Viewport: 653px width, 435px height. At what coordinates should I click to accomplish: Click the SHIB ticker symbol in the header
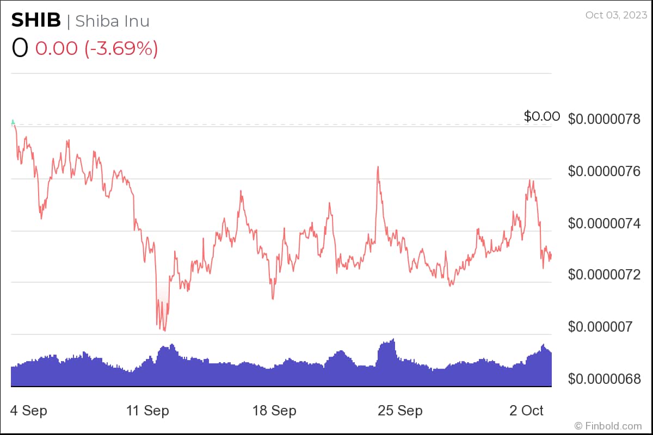click(36, 21)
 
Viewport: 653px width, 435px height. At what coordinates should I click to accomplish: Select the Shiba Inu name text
click(112, 21)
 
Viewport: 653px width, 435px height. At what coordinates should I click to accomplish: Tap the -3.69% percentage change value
click(120, 48)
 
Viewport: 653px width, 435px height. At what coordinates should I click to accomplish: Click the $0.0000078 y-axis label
click(604, 119)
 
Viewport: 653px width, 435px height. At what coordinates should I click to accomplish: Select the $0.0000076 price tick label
click(604, 171)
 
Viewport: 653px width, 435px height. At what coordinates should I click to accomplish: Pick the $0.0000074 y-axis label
click(604, 223)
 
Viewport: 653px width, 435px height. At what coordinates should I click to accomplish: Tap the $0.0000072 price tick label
click(604, 275)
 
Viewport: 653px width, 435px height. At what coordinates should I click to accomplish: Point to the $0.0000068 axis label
click(604, 379)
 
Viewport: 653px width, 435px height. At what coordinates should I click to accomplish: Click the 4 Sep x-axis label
click(29, 411)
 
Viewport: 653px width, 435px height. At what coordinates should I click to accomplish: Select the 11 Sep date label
click(147, 411)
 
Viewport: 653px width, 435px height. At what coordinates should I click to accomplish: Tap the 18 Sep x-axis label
click(274, 411)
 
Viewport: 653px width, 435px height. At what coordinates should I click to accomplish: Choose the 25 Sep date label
click(400, 411)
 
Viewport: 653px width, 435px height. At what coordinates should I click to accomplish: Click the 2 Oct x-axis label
click(526, 411)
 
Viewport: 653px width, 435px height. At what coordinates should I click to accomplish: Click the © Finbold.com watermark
click(608, 426)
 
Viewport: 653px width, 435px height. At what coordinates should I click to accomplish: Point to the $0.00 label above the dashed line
click(541, 116)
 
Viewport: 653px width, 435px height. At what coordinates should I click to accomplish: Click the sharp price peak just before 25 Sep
click(377, 167)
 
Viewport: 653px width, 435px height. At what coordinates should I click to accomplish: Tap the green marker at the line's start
click(13, 122)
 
